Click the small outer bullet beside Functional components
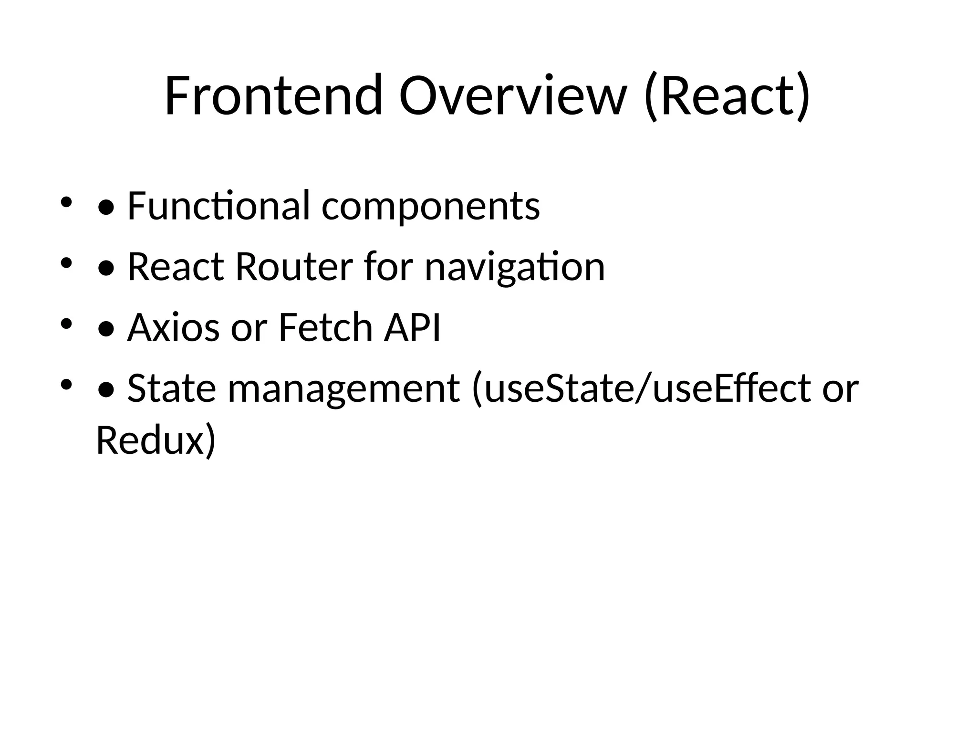[x=66, y=202]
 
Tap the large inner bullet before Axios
[x=106, y=329]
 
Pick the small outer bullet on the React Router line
[x=66, y=263]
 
